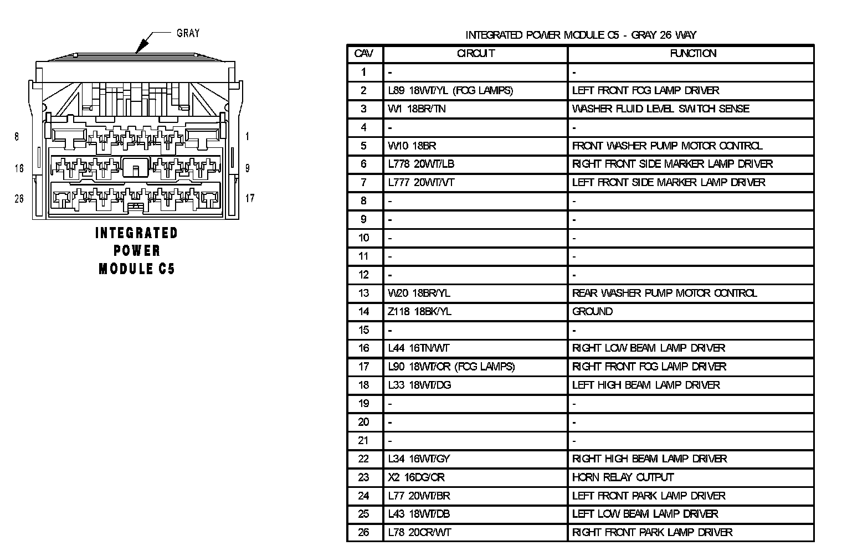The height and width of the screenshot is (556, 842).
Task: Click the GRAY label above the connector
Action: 188,33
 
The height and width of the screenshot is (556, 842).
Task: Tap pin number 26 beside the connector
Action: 19,198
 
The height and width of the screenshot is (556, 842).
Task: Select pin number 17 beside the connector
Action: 250,198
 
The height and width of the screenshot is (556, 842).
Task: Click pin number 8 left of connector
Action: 17,136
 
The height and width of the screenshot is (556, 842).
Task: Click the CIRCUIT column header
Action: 475,54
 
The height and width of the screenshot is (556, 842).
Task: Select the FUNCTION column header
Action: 692,54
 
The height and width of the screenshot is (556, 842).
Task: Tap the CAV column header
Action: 364,54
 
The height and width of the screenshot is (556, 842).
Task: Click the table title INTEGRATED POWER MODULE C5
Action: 581,35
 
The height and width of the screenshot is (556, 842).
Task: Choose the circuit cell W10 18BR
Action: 412,146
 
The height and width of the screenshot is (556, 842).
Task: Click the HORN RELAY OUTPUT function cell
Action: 623,477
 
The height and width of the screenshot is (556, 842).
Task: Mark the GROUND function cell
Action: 592,311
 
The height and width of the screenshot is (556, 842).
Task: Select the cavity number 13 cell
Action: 364,293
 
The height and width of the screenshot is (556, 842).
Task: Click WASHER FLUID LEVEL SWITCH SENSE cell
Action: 660,109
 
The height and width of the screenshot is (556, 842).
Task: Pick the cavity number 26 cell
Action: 364,533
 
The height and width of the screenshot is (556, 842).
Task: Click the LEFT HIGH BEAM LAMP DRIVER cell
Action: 646,385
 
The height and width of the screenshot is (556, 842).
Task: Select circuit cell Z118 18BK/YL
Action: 420,311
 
